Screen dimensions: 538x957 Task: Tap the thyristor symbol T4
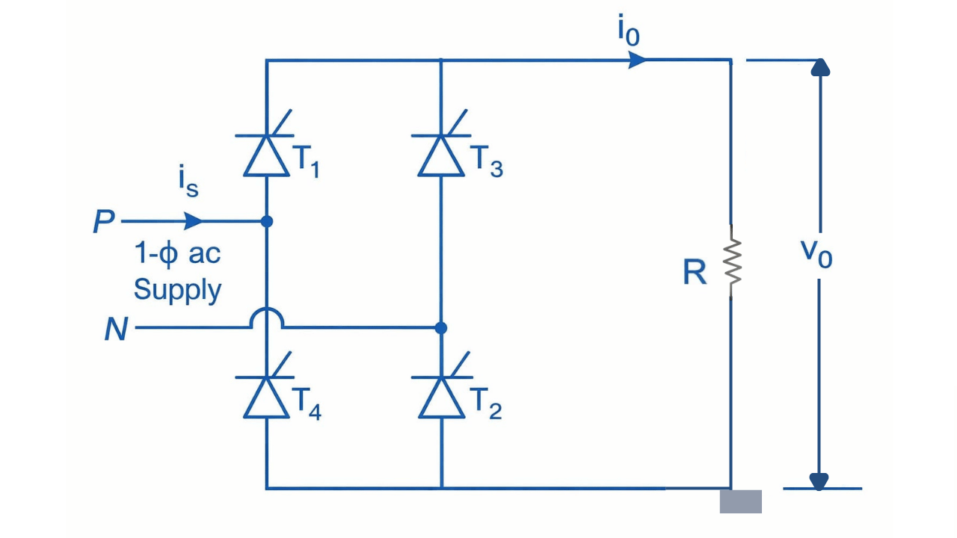(267, 396)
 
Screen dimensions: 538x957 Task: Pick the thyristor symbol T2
(440, 396)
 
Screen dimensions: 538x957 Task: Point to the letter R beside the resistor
(695, 273)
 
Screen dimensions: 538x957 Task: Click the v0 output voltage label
(816, 254)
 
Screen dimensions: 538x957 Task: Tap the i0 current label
(628, 32)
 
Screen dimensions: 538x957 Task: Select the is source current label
(188, 183)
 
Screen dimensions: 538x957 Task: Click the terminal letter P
(103, 223)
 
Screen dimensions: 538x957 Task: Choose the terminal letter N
(115, 329)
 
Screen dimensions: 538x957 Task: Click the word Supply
(178, 290)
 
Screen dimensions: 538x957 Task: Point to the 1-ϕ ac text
(178, 254)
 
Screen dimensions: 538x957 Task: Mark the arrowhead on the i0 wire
(638, 60)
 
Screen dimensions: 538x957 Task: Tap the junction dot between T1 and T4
(267, 221)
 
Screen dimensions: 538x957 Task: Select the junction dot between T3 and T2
(440, 327)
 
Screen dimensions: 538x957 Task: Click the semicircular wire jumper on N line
(267, 320)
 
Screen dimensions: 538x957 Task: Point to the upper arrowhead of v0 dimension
(820, 68)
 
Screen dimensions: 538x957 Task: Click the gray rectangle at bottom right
(740, 501)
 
